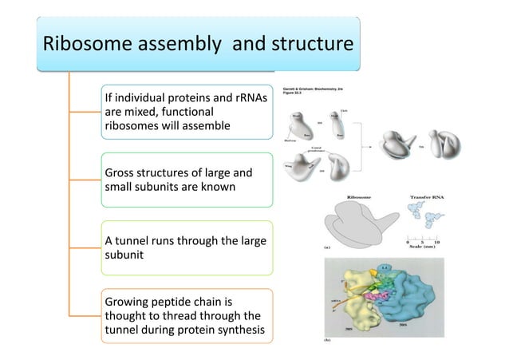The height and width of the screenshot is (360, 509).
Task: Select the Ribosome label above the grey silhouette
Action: coord(358,196)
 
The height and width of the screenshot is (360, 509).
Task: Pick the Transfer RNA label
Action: coord(429,196)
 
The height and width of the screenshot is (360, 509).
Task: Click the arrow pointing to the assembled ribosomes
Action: coord(368,146)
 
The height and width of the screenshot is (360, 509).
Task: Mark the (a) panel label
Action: coord(327,248)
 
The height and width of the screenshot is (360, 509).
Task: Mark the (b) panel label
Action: coord(327,340)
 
